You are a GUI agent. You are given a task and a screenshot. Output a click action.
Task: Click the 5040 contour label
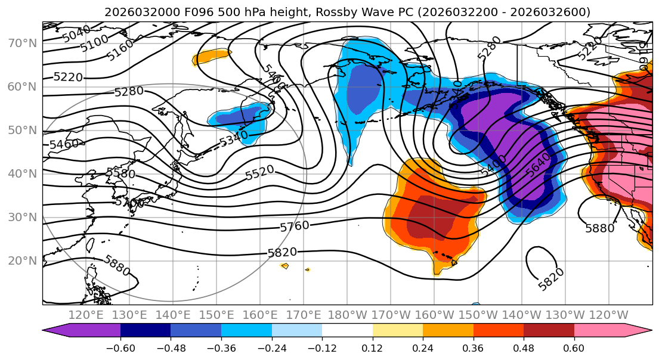76,33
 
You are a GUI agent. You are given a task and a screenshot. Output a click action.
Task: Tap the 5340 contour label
233,139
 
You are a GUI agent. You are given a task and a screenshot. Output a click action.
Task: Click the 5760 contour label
295,226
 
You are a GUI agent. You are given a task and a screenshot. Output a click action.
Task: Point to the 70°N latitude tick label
22,43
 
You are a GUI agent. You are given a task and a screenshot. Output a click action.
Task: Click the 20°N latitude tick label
22,260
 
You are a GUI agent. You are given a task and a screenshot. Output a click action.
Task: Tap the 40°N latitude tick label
22,173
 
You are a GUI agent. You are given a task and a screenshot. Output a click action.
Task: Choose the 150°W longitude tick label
478,315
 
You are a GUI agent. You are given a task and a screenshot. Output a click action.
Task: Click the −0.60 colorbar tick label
120,347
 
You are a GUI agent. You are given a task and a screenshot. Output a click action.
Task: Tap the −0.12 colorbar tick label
322,347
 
